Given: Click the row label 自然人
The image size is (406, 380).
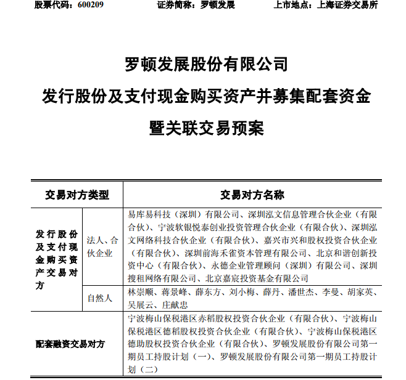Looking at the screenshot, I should [x=100, y=298].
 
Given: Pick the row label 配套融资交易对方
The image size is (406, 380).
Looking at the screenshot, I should [x=69, y=344].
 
